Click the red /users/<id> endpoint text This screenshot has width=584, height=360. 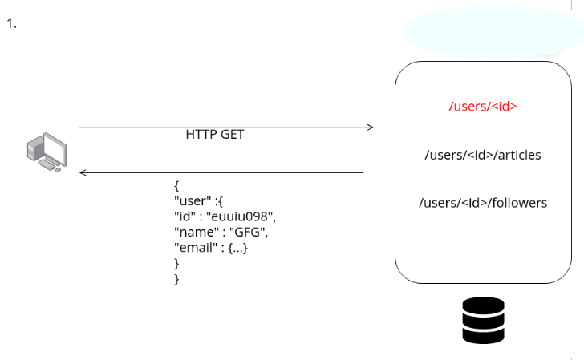(482, 106)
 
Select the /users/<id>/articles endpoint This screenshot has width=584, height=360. (482, 155)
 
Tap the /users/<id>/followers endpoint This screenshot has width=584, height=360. (482, 203)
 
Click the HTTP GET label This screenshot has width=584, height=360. (214, 135)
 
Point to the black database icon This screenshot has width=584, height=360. (483, 321)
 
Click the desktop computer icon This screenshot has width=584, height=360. (47, 152)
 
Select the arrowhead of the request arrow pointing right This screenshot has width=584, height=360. (370, 127)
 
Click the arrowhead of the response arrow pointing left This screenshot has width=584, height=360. (83, 172)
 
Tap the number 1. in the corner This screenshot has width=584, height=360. (11, 23)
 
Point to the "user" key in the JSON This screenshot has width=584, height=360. (191, 201)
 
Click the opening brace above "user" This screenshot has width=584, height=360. (176, 186)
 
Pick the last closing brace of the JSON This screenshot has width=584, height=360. (176, 278)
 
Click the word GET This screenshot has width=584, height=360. (231, 135)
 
